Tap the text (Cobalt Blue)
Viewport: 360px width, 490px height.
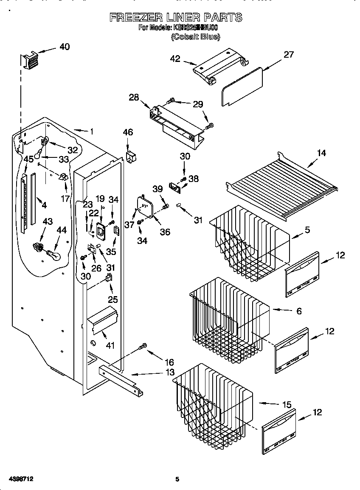coord(195,37)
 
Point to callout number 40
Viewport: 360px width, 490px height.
coord(65,47)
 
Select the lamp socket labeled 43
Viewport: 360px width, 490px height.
coord(38,247)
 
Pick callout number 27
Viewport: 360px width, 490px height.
coord(288,55)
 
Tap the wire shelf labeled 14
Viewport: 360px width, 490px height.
coord(282,183)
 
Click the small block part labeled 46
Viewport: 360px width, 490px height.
coord(131,156)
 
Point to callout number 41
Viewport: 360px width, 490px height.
coord(110,345)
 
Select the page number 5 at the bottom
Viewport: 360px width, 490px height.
coord(177,479)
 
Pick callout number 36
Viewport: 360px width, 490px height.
coord(165,232)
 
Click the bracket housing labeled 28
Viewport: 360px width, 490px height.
coord(176,120)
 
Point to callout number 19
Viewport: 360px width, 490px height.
coord(100,198)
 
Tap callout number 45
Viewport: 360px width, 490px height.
coord(28,159)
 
